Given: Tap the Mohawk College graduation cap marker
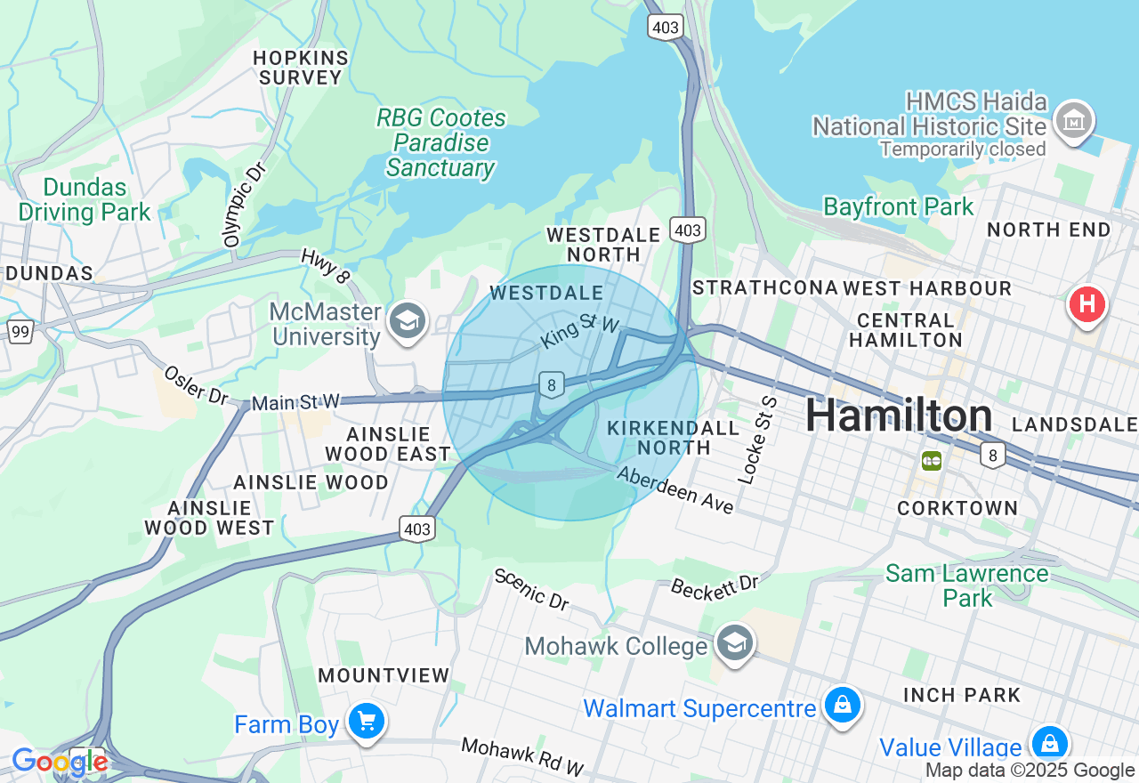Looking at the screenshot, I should tap(735, 644).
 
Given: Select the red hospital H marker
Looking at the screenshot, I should tap(1086, 304).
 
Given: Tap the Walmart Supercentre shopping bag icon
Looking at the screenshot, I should tap(842, 706).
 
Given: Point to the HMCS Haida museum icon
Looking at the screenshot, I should tap(1073, 121).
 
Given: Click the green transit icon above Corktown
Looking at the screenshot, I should tap(932, 461).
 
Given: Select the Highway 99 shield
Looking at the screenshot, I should tap(20, 332).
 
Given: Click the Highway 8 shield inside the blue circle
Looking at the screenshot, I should tap(552, 385).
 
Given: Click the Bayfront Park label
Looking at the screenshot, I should tap(898, 207).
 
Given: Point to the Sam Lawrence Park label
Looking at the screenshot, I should tap(966, 585).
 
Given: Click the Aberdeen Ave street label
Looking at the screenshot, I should tap(676, 490).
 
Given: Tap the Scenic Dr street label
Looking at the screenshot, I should tap(531, 589).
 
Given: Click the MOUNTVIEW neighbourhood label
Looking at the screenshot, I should tap(384, 675).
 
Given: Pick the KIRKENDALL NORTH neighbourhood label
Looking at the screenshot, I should tap(673, 438).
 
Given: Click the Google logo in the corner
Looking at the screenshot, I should tap(60, 763).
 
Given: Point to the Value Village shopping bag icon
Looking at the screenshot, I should tap(1049, 744).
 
